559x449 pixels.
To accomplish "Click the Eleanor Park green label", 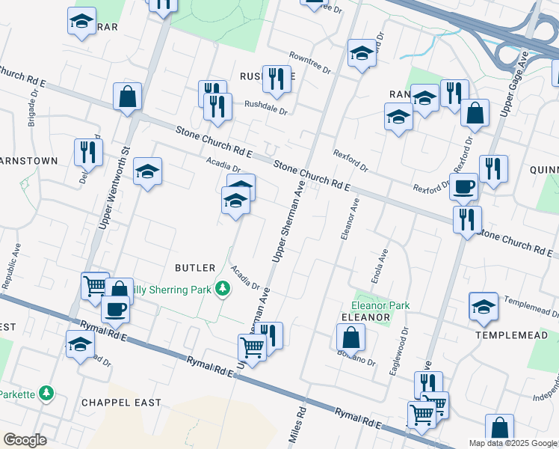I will (x=381, y=305).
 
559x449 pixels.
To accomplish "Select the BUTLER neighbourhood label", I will (x=195, y=267).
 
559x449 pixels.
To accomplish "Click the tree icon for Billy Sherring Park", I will (x=222, y=287).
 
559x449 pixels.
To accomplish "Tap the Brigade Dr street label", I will (x=33, y=112).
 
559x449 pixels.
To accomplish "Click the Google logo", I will (x=25, y=440).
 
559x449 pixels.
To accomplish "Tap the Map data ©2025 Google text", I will (x=513, y=443).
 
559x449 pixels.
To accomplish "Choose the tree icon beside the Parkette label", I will (x=46, y=392).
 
